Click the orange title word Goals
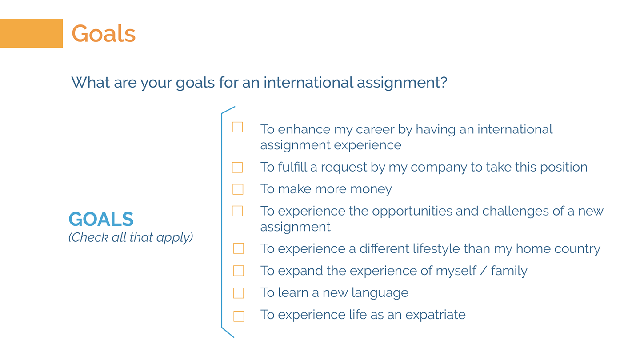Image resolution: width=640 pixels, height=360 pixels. click(x=104, y=33)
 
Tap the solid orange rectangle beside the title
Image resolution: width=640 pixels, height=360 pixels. click(x=32, y=33)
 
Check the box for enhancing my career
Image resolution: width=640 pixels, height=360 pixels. click(x=237, y=127)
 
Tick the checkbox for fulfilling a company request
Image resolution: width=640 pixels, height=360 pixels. click(x=237, y=168)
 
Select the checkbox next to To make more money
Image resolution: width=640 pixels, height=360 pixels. click(x=238, y=189)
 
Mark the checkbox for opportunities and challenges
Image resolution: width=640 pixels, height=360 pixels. click(x=237, y=211)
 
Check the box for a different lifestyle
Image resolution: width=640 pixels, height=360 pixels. click(x=239, y=248)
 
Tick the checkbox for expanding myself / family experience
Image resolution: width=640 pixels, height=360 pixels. click(x=239, y=271)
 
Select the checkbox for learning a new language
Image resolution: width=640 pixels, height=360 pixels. click(x=239, y=293)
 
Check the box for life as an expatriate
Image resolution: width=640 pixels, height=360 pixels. click(x=239, y=316)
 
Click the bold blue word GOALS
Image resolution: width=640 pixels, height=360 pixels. click(x=101, y=219)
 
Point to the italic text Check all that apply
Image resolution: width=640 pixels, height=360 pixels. click(x=131, y=237)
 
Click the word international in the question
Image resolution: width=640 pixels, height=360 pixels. click(x=308, y=82)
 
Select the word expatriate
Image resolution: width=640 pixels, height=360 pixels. click(x=436, y=315)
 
